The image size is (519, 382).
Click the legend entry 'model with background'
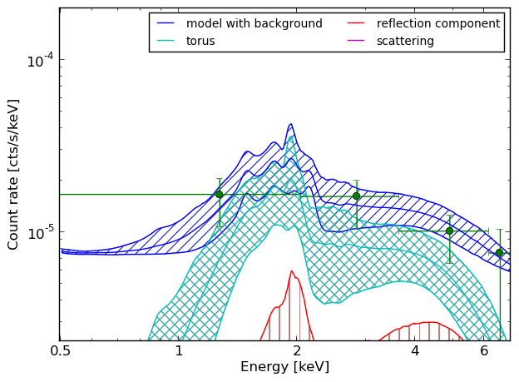(x=255, y=23)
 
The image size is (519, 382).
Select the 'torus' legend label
(x=200, y=41)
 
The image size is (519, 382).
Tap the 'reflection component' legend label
(x=438, y=23)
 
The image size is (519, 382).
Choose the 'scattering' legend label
(x=405, y=41)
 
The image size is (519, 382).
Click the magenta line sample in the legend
(x=356, y=41)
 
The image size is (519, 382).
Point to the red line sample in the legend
(x=356, y=23)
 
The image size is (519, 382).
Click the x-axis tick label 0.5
(x=60, y=350)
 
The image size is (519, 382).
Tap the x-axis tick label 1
(x=179, y=350)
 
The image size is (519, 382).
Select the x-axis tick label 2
(x=297, y=350)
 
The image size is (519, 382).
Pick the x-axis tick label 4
(x=415, y=350)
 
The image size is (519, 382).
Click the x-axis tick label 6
(x=484, y=350)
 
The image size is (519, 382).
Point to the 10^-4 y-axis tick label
(x=40, y=61)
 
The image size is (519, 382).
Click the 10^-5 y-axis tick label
(x=40, y=232)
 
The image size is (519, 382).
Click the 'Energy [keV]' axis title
(x=285, y=367)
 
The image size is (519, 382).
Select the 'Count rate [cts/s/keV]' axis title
(x=12, y=175)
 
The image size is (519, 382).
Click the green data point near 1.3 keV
(x=219, y=195)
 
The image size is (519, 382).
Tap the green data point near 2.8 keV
(x=356, y=196)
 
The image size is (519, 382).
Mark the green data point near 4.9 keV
(x=449, y=231)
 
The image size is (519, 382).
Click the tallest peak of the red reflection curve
(x=292, y=271)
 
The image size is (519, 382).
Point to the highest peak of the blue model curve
(x=290, y=124)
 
